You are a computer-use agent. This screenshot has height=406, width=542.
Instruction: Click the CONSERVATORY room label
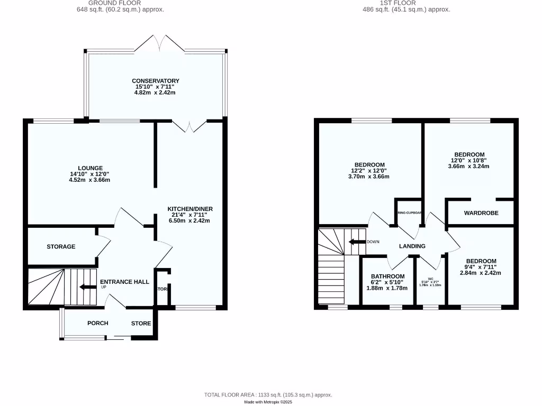(156, 81)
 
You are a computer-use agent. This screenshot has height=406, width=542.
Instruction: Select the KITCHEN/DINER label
(190, 209)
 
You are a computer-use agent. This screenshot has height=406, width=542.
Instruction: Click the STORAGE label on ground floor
(61, 247)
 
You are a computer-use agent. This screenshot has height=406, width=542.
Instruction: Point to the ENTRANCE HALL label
(125, 282)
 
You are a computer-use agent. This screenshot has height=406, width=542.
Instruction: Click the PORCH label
(98, 323)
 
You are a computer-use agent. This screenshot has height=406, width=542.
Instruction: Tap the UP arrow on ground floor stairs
(84, 287)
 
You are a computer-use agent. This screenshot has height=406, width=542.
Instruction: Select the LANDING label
(412, 246)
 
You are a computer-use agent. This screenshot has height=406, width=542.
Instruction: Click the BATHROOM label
(387, 276)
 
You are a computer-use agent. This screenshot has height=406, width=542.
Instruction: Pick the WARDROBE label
(481, 214)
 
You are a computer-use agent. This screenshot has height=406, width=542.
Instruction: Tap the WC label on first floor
(431, 279)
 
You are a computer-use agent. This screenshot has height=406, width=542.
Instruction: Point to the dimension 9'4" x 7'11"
(481, 267)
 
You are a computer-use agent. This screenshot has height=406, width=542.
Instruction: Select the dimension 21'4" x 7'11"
(190, 215)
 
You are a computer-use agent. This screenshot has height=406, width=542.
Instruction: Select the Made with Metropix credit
(268, 402)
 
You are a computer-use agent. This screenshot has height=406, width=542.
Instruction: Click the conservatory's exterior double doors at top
(159, 43)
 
